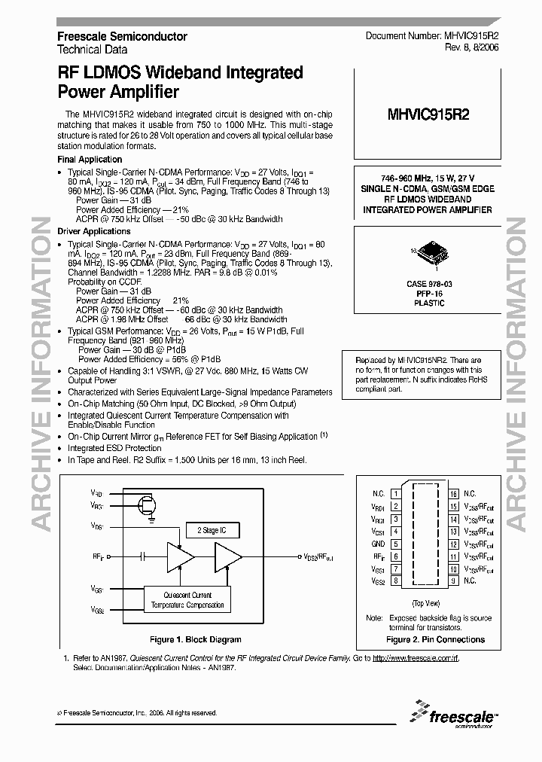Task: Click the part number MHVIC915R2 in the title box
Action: [x=428, y=115]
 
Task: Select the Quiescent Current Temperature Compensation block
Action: [x=187, y=599]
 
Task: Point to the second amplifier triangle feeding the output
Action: [x=228, y=557]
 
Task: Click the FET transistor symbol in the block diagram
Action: [x=148, y=503]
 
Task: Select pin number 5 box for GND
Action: [x=395, y=544]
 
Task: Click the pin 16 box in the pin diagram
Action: [x=454, y=494]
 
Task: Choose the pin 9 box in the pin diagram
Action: [x=454, y=581]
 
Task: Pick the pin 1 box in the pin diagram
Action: [x=395, y=494]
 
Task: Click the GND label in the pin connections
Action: [x=378, y=544]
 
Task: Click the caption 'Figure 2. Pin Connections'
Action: [x=435, y=640]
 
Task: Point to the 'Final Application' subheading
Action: [x=90, y=160]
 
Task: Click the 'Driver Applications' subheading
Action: [x=94, y=231]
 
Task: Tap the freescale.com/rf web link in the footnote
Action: [x=416, y=659]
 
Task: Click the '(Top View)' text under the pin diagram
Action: [x=426, y=604]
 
